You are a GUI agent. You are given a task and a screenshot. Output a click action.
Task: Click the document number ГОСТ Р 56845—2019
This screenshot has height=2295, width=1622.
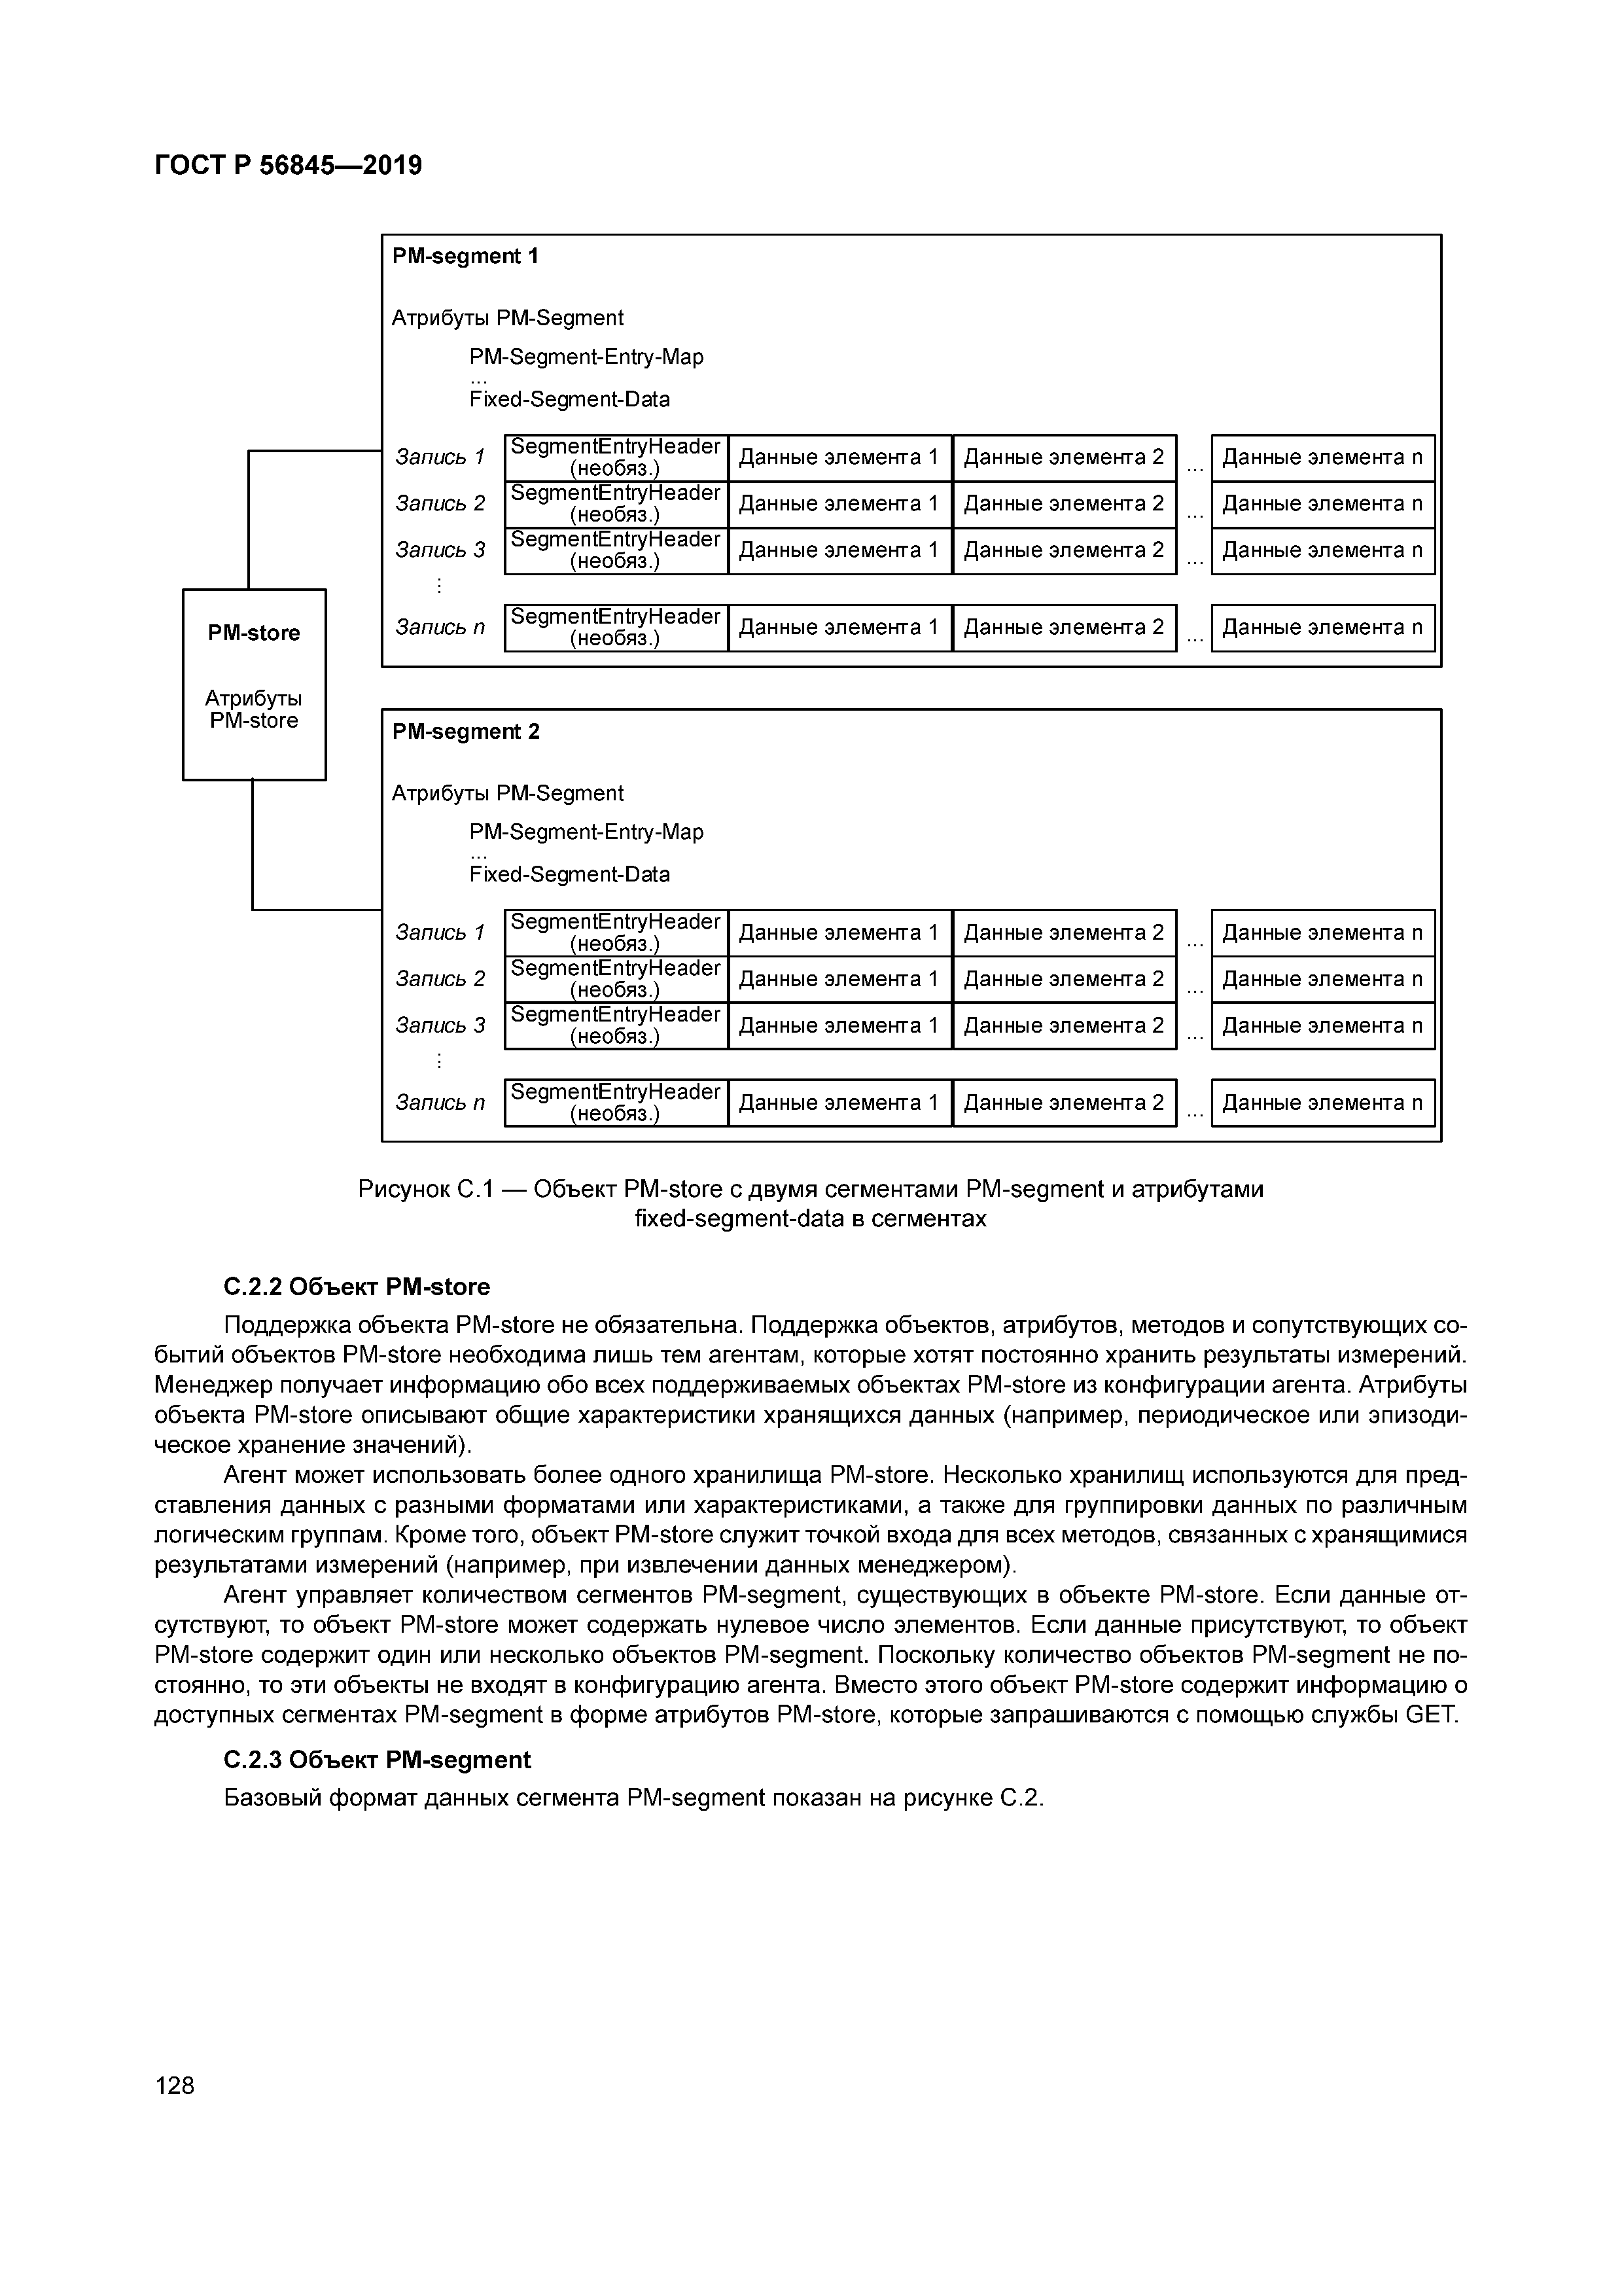(x=288, y=165)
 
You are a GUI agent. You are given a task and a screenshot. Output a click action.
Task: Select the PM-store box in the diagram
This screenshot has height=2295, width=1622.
(x=254, y=684)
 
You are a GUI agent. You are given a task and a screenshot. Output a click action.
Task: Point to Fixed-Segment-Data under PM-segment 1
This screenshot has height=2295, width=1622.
(x=570, y=400)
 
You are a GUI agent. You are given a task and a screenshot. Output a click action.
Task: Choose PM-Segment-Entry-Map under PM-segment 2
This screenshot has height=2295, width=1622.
(x=587, y=832)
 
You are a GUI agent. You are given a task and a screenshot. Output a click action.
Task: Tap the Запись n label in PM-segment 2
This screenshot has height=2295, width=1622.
(x=440, y=1103)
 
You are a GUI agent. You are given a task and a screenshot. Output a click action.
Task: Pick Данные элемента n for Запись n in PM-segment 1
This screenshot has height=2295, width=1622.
(x=1322, y=628)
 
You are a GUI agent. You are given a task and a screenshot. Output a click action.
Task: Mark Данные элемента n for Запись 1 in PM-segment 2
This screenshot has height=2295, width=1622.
(x=1322, y=933)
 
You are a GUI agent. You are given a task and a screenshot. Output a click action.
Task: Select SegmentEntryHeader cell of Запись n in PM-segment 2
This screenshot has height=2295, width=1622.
(x=616, y=1103)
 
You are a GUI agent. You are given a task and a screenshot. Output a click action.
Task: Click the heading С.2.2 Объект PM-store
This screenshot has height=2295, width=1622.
(x=357, y=1287)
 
